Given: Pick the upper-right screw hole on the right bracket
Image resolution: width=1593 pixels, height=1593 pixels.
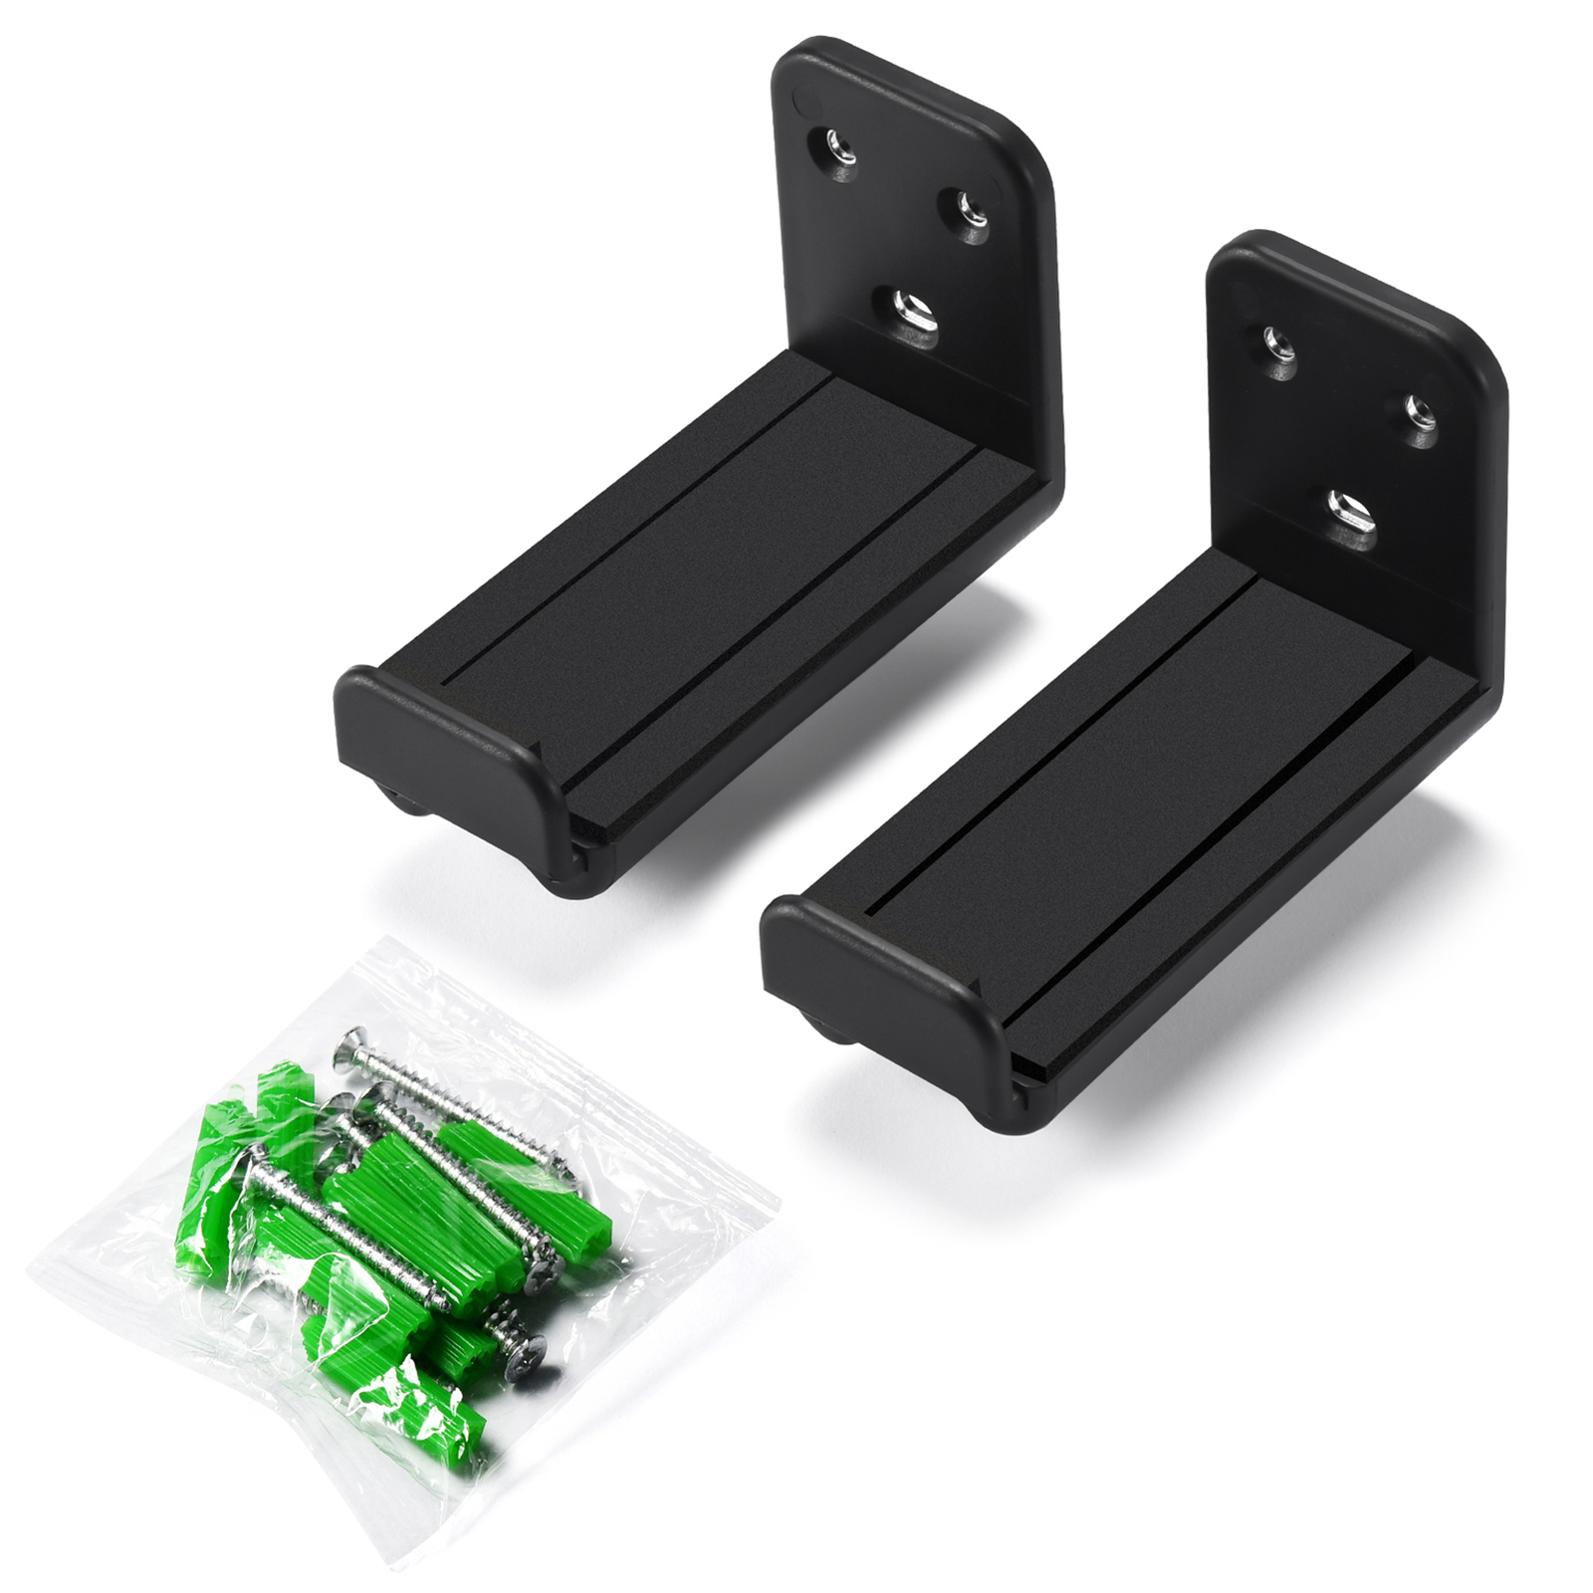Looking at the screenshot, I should click(1418, 408).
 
